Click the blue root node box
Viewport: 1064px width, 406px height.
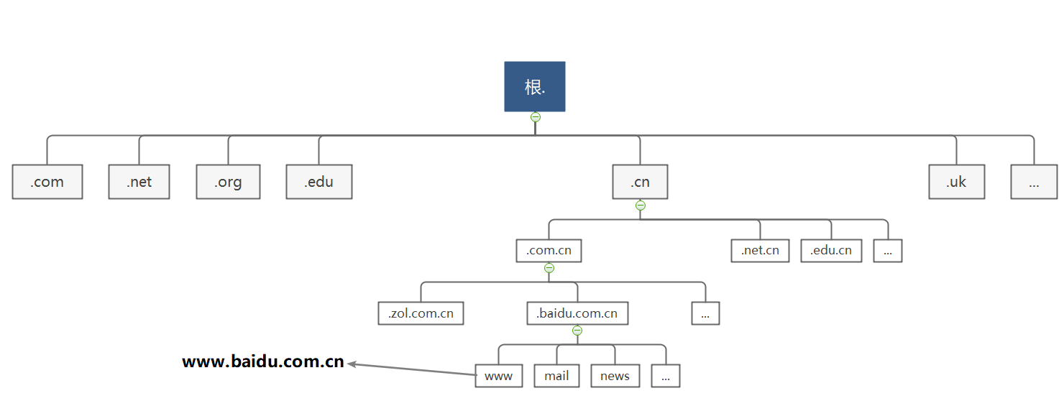point(534,86)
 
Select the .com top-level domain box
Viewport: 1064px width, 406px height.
point(47,182)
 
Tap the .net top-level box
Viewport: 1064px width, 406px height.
point(139,182)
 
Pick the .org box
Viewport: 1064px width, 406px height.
point(228,182)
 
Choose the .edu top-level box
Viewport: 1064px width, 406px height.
point(318,182)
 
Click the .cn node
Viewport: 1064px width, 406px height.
point(640,182)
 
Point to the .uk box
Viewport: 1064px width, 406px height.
point(956,182)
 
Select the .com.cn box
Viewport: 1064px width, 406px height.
point(549,251)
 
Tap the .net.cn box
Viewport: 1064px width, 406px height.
point(760,251)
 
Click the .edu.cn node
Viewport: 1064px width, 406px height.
point(831,251)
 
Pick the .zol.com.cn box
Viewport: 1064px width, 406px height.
point(421,313)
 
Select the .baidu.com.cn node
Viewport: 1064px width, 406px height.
point(577,313)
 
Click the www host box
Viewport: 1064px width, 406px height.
point(498,376)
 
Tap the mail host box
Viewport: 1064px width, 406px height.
point(556,376)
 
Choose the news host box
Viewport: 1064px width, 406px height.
point(615,376)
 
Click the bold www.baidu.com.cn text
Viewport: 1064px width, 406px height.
point(263,362)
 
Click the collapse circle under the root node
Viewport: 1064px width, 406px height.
point(535,116)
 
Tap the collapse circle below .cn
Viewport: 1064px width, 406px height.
point(641,206)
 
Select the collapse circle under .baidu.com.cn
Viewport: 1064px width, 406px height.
point(577,331)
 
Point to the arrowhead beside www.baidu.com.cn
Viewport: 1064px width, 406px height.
point(352,364)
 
